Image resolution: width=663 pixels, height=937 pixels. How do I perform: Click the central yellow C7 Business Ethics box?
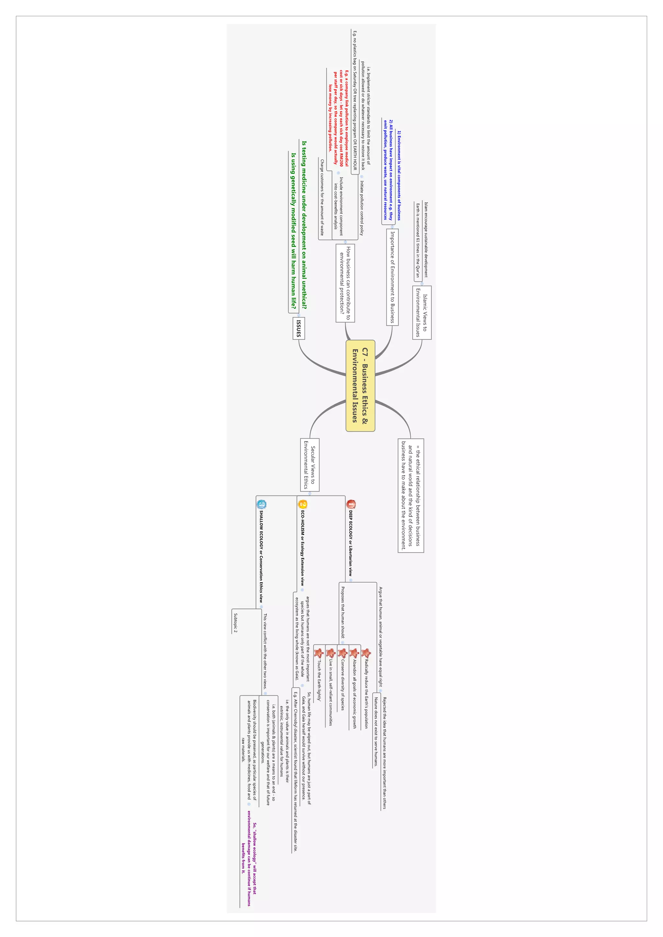click(x=360, y=385)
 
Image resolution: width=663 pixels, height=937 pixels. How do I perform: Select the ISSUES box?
click(x=298, y=328)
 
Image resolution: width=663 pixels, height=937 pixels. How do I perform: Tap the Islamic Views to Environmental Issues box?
click(x=421, y=312)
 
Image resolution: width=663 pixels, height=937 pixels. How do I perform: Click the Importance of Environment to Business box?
click(x=392, y=277)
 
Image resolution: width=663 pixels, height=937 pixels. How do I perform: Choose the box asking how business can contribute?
click(x=345, y=283)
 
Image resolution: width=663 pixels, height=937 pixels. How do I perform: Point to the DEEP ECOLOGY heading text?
click(x=351, y=543)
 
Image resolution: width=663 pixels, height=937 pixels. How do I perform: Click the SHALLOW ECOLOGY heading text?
click(x=261, y=556)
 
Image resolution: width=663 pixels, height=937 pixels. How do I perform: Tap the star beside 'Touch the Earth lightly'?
click(x=319, y=653)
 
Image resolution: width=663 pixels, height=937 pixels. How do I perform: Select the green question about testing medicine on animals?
click(x=304, y=224)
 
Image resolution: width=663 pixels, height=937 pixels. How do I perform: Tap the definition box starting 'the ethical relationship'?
click(x=410, y=496)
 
